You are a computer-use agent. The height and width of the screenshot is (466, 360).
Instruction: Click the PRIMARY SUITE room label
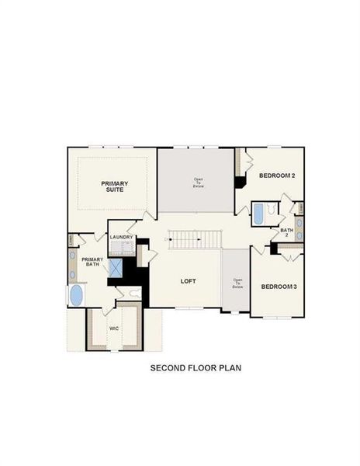[116, 186]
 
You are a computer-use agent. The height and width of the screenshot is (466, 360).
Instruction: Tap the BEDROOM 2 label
[277, 176]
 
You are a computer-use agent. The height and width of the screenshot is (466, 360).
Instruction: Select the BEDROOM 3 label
[279, 287]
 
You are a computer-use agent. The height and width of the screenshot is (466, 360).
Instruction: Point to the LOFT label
[189, 281]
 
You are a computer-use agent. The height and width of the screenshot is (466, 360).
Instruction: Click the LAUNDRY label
[122, 237]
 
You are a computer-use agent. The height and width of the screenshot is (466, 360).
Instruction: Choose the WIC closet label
[114, 329]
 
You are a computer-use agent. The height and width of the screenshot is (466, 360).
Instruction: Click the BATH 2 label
[287, 232]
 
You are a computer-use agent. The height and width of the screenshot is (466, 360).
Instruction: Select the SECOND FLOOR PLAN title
[195, 367]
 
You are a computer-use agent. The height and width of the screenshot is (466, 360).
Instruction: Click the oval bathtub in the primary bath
[77, 295]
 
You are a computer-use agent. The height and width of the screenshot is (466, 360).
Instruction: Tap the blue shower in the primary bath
[116, 268]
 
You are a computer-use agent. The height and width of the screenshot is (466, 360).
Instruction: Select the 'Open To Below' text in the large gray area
[199, 183]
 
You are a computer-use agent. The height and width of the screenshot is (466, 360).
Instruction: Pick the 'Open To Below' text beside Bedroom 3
[237, 283]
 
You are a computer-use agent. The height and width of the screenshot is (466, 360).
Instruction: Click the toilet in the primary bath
[134, 293]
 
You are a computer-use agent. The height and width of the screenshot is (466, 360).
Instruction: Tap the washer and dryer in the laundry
[120, 249]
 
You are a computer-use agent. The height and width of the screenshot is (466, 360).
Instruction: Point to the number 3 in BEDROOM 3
[295, 287]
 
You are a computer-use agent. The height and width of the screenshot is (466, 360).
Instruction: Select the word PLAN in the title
[230, 367]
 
